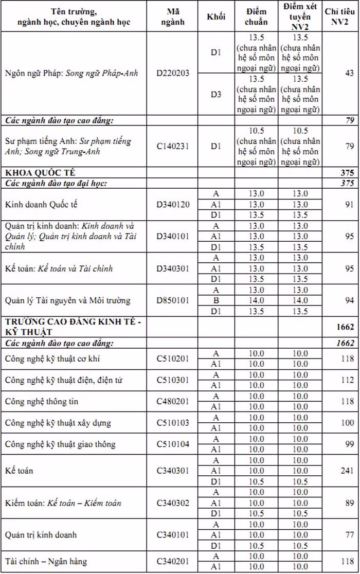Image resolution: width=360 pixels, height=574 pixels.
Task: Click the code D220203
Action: pyautogui.click(x=173, y=73)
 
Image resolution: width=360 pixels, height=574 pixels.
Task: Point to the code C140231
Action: pyautogui.click(x=173, y=146)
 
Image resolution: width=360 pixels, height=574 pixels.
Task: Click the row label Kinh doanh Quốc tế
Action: pyautogui.click(x=41, y=204)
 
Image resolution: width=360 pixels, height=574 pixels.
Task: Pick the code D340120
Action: pyautogui.click(x=173, y=204)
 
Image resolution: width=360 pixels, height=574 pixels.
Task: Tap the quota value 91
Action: pyautogui.click(x=349, y=204)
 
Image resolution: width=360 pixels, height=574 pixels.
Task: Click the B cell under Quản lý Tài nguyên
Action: pyautogui.click(x=216, y=300)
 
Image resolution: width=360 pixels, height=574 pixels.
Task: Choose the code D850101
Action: pyautogui.click(x=173, y=300)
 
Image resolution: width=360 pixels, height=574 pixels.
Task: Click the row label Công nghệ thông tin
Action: pyautogui.click(x=42, y=401)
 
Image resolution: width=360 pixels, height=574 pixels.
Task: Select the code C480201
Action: pyautogui.click(x=173, y=401)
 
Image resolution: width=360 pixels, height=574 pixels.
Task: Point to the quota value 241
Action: pyautogui.click(x=347, y=471)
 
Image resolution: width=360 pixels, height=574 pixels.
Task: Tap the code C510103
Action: pyautogui.click(x=173, y=423)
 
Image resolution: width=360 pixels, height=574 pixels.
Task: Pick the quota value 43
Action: pyautogui.click(x=349, y=73)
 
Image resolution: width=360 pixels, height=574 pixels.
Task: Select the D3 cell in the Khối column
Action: pyautogui.click(x=216, y=94)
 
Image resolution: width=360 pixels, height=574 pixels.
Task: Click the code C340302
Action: pyautogui.click(x=173, y=503)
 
